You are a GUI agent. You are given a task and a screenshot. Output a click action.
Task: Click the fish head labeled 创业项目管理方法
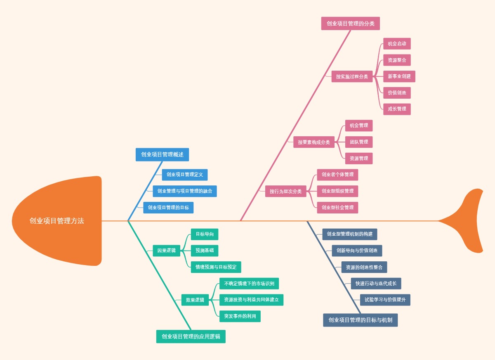point(57,221)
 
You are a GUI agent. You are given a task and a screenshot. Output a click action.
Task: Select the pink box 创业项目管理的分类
point(350,24)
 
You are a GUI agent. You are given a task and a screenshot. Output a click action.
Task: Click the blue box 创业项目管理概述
point(162,154)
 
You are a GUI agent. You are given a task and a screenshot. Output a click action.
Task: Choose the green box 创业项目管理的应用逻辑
point(191,336)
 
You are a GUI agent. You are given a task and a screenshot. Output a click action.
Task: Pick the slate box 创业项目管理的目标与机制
point(360,320)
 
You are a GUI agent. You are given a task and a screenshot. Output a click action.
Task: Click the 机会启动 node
point(397,44)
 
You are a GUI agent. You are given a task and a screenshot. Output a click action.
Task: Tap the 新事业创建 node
point(399,76)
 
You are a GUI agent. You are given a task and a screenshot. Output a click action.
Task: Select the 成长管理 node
point(397,109)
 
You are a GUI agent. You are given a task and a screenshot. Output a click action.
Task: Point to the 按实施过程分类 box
point(352,76)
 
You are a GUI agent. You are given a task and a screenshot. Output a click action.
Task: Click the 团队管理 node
point(358,142)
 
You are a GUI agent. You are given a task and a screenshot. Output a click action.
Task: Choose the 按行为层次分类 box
point(285,191)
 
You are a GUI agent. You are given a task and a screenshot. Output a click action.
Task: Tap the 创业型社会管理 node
point(337,208)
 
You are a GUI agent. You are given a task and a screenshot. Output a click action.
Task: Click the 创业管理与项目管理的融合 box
point(184,191)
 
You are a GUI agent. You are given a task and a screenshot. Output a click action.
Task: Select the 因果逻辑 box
point(166,251)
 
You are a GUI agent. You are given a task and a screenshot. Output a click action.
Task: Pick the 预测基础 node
point(204,251)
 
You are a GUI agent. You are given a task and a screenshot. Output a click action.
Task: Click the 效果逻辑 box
point(195,300)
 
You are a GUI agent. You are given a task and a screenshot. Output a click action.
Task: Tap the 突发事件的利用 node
point(240,316)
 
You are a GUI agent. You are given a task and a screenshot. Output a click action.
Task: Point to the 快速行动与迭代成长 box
point(376,284)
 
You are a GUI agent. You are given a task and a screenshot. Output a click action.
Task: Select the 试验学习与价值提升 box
point(385,300)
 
